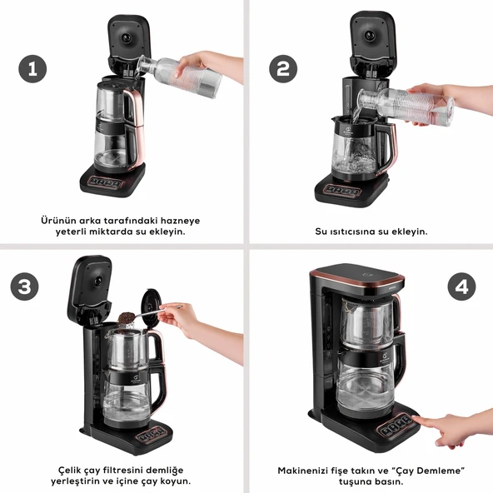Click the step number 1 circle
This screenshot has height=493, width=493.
point(32,69)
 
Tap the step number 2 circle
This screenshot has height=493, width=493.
point(283,69)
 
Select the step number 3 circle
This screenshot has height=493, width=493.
point(26,287)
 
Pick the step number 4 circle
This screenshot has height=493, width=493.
point(462,287)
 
